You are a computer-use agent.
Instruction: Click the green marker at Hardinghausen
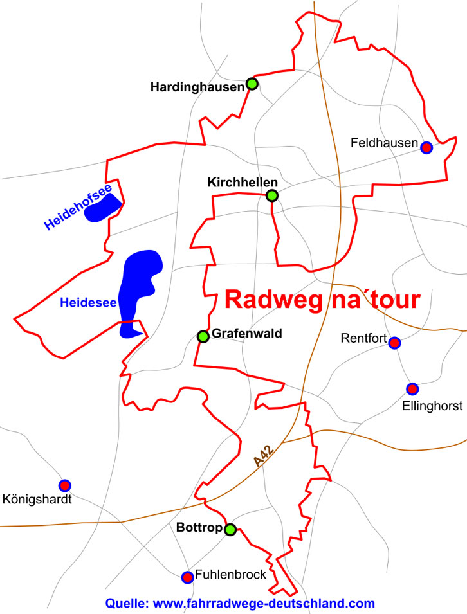pos(252,84)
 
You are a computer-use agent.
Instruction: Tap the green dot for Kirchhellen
pos(272,195)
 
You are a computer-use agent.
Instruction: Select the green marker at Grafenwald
pos(203,336)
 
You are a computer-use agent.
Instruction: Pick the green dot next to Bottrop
pos(230,530)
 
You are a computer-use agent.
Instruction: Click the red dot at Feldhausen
pos(426,147)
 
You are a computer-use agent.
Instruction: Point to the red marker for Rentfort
pos(394,343)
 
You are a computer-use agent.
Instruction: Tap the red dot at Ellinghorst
pos(412,388)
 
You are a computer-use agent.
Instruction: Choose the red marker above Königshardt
pos(64,485)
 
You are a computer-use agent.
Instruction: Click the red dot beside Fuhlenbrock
pos(187,577)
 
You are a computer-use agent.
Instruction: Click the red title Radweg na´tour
pos(322,300)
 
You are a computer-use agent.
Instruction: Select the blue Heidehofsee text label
pos(78,206)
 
